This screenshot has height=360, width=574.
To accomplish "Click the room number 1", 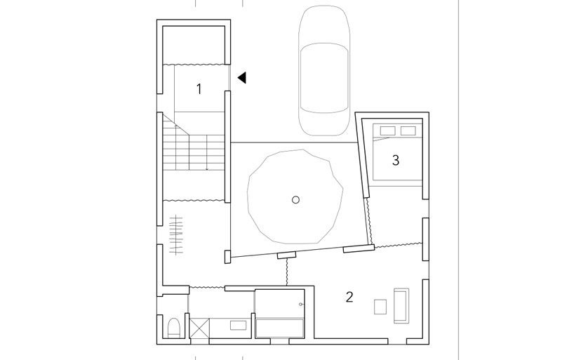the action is tap(199, 89).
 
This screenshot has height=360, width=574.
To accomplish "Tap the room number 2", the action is tap(349, 297).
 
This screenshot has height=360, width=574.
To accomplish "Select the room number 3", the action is tap(396, 160).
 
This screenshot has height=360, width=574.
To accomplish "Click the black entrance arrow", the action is tap(242, 78).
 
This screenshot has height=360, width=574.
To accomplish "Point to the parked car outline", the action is tap(324, 70).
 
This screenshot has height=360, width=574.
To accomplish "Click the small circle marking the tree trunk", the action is tap(296, 199).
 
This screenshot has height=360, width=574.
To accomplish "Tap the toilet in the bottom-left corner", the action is tap(173, 328).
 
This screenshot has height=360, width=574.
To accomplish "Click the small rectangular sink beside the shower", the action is tap(235, 325).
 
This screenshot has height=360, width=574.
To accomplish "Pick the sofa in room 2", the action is tap(401, 306).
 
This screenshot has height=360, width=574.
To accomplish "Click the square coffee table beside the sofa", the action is tap(380, 307).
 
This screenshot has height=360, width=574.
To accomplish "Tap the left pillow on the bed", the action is tap(387, 131).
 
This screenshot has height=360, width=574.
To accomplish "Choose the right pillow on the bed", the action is tap(408, 131).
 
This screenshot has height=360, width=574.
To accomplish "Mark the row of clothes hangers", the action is tap(176, 235).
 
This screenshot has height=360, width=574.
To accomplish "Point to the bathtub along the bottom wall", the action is tap(280, 328).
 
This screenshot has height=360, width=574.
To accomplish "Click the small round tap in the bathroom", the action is tap(301, 305).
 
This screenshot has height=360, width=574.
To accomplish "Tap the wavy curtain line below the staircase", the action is tap(194, 200).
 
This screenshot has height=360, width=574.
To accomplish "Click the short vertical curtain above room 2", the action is tap(286, 272).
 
